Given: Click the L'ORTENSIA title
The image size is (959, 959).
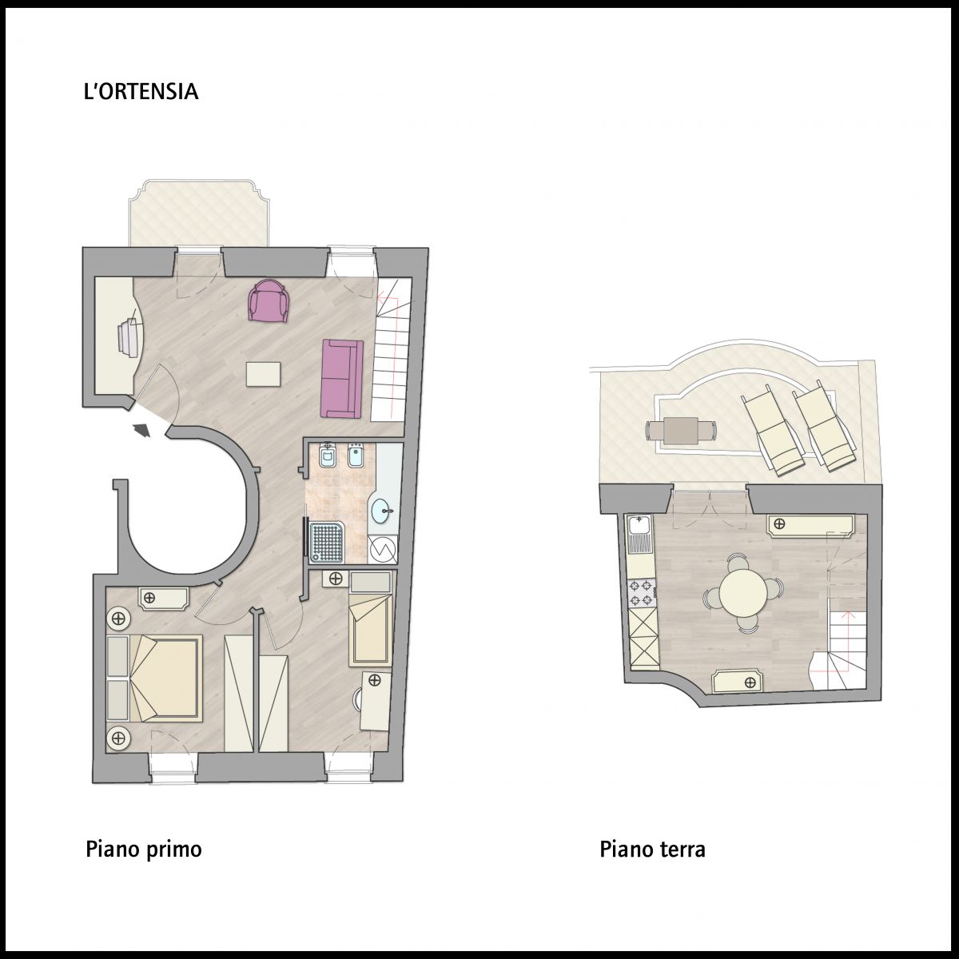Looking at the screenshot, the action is (141, 92).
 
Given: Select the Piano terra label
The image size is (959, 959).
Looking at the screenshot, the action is (652, 850).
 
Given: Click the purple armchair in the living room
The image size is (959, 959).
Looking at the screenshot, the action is (269, 300).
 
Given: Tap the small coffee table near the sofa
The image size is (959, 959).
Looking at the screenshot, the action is (263, 374).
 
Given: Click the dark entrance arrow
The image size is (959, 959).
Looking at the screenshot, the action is (142, 429).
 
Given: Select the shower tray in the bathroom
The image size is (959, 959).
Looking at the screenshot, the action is (326, 543).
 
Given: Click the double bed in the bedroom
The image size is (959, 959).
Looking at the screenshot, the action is (154, 678).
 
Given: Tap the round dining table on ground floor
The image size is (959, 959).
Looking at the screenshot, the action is (740, 593).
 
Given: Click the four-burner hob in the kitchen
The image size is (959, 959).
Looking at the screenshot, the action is (642, 593).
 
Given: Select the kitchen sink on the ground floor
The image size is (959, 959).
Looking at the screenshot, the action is (640, 535).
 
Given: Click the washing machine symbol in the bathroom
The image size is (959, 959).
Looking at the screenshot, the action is (383, 549).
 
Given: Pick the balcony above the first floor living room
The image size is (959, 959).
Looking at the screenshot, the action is (199, 213).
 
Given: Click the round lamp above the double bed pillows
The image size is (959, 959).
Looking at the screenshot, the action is (118, 619).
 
